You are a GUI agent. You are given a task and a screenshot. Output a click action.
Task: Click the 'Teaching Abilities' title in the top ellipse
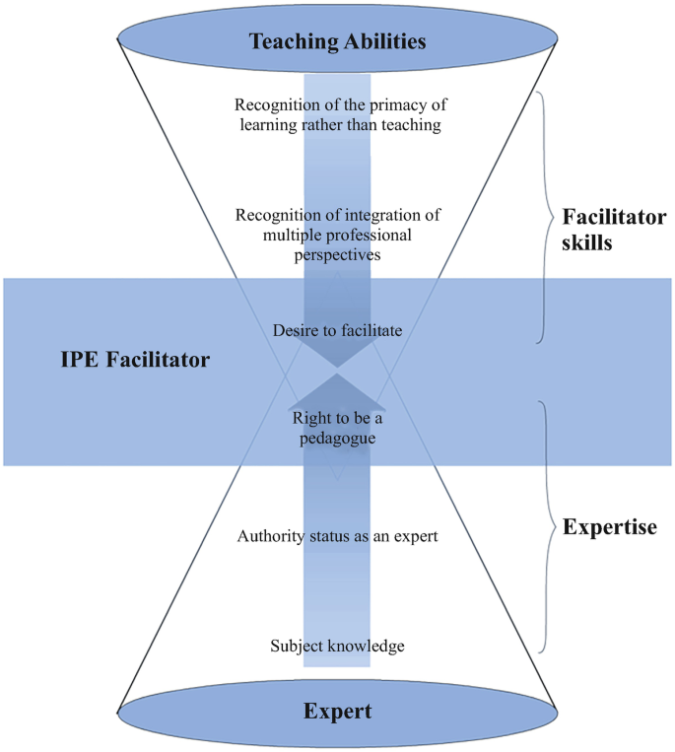337,41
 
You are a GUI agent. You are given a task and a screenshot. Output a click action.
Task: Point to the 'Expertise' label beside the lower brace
610,527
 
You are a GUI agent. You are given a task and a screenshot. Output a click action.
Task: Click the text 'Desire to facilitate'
337,331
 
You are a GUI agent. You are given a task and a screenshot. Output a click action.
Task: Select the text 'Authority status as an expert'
337,537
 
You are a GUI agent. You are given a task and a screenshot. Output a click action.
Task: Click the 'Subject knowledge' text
337,647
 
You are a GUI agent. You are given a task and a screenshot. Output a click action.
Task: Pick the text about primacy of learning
337,114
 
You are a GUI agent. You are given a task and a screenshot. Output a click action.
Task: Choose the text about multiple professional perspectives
337,234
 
